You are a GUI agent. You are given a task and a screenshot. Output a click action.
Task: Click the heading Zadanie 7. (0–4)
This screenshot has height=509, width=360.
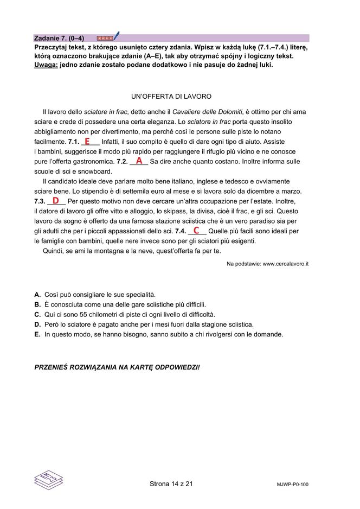click(x=59, y=39)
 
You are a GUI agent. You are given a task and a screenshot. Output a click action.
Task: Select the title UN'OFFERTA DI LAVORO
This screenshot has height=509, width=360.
click(x=171, y=97)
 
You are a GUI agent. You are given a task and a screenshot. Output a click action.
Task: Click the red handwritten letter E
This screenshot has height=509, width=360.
click(x=87, y=141)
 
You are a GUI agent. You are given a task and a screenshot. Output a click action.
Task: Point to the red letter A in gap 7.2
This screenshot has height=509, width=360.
click(x=139, y=161)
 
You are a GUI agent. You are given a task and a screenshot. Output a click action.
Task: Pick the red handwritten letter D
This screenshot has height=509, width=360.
click(x=55, y=201)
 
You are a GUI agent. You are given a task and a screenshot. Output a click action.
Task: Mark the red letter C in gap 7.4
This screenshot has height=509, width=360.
click(x=196, y=230)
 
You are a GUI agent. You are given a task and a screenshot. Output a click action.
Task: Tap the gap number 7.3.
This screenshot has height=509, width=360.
click(x=40, y=201)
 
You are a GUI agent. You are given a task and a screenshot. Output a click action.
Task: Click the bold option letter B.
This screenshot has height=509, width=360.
click(x=37, y=304)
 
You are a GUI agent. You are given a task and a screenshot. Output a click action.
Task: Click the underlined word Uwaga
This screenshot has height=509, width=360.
click(x=46, y=65)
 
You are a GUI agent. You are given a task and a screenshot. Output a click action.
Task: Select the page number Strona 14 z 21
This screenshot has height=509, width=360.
click(x=171, y=484)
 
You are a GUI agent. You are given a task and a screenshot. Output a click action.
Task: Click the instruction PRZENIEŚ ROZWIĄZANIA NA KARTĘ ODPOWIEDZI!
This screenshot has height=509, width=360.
click(x=117, y=367)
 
